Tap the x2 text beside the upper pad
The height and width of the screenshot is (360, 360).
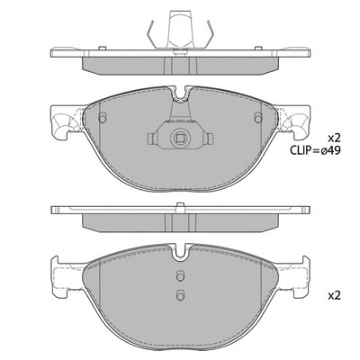click(x=334, y=137)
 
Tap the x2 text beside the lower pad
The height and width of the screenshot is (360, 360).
click(x=334, y=294)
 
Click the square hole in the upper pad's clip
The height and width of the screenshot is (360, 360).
click(x=178, y=139)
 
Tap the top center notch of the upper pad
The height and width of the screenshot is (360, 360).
click(x=179, y=93)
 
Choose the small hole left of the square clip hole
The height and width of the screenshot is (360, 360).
click(x=151, y=139)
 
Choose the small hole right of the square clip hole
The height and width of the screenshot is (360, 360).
click(x=206, y=139)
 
